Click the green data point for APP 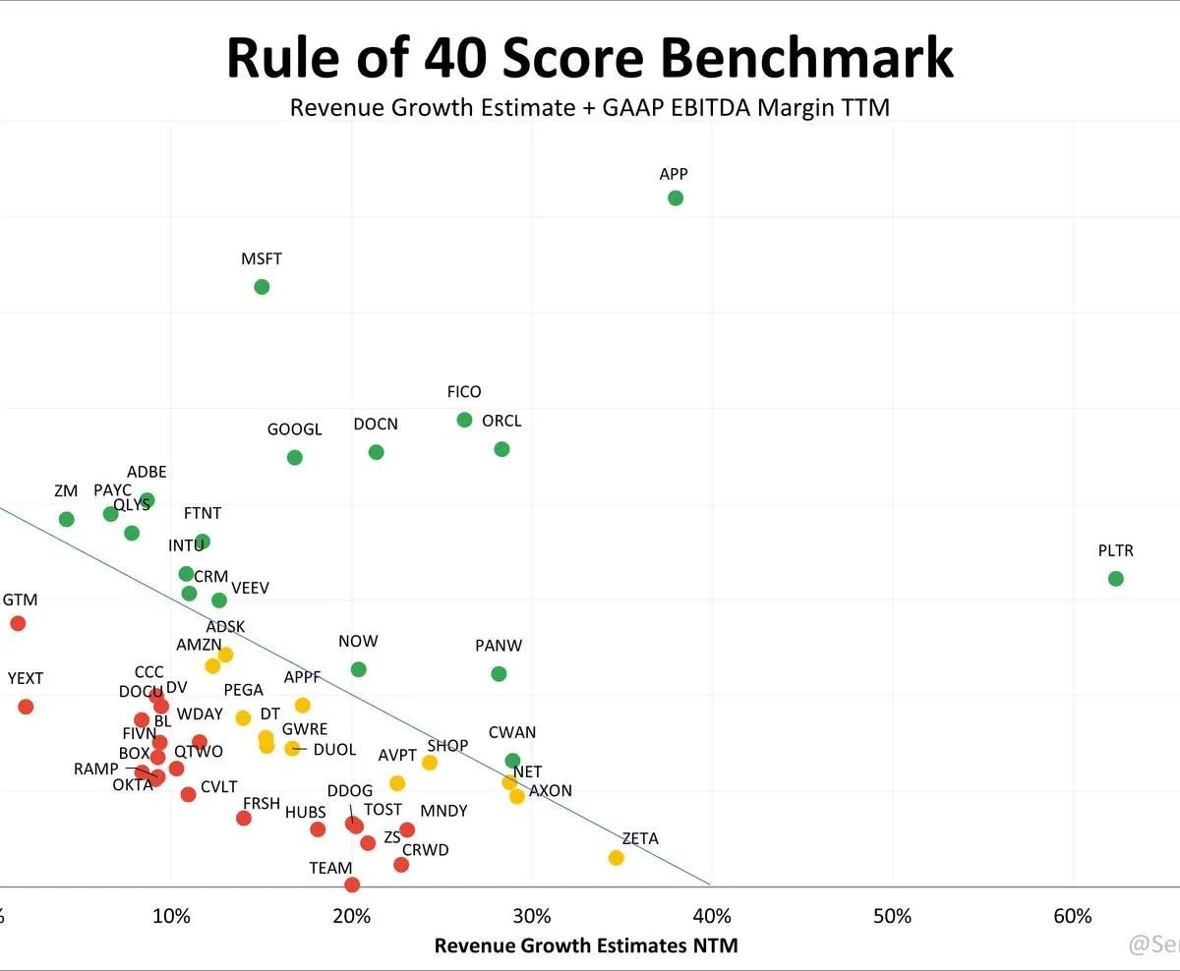675,198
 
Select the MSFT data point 262,287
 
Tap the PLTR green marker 1115,579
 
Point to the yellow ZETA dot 616,858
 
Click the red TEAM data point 352,885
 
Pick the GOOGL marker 294,457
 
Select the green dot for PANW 499,674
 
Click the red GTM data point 17,623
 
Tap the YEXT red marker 26,707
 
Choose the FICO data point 464,420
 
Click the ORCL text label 501,422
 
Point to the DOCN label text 376,425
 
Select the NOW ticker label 358,642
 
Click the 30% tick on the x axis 532,917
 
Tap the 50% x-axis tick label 892,917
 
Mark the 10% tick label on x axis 172,917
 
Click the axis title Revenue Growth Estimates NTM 586,946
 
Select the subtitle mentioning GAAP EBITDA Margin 589,107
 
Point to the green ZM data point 66,519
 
